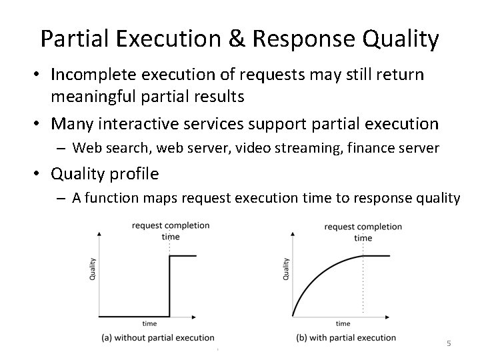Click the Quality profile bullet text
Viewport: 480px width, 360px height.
pos(105,174)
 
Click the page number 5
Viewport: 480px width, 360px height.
pos(449,343)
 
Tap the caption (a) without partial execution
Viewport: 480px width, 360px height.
pos(158,338)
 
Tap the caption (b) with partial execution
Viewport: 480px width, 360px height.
pos(346,337)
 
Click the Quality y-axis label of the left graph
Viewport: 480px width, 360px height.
pos(92,269)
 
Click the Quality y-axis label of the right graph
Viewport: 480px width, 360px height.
pos(286,269)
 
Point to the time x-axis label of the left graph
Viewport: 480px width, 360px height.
pos(149,323)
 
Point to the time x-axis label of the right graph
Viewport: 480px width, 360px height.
pos(343,323)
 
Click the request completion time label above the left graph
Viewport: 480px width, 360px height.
pos(171,231)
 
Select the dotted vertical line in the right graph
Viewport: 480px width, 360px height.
pos(363,287)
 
